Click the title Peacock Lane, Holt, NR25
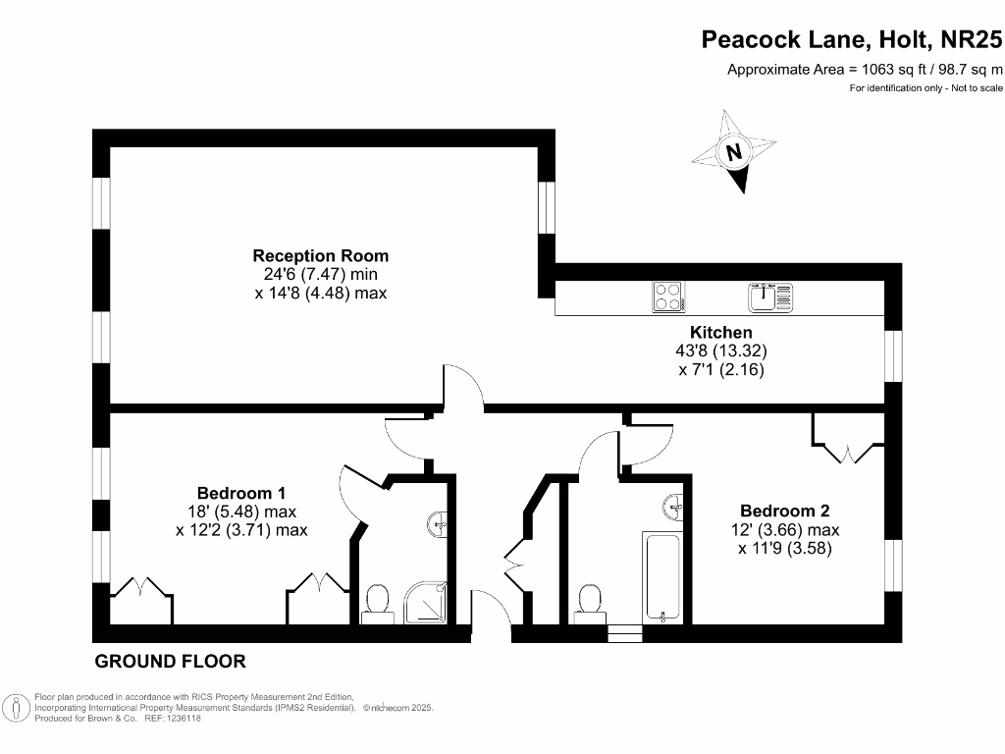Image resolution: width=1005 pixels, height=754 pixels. [852, 39]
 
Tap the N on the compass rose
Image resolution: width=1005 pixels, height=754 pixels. [733, 153]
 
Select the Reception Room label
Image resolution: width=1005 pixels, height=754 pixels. [320, 256]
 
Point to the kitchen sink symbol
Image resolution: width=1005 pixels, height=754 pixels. [769, 296]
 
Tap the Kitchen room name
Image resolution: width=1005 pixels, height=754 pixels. [720, 333]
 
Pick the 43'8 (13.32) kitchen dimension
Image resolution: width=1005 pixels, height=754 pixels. [720, 351]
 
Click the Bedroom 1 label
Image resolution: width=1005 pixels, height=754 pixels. [241, 493]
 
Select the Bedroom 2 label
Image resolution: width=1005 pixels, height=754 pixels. [784, 511]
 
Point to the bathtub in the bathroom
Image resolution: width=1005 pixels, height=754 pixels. [665, 577]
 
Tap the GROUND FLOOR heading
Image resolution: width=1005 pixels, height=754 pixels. [170, 662]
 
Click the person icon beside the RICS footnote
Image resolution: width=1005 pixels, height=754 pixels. [17, 707]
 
